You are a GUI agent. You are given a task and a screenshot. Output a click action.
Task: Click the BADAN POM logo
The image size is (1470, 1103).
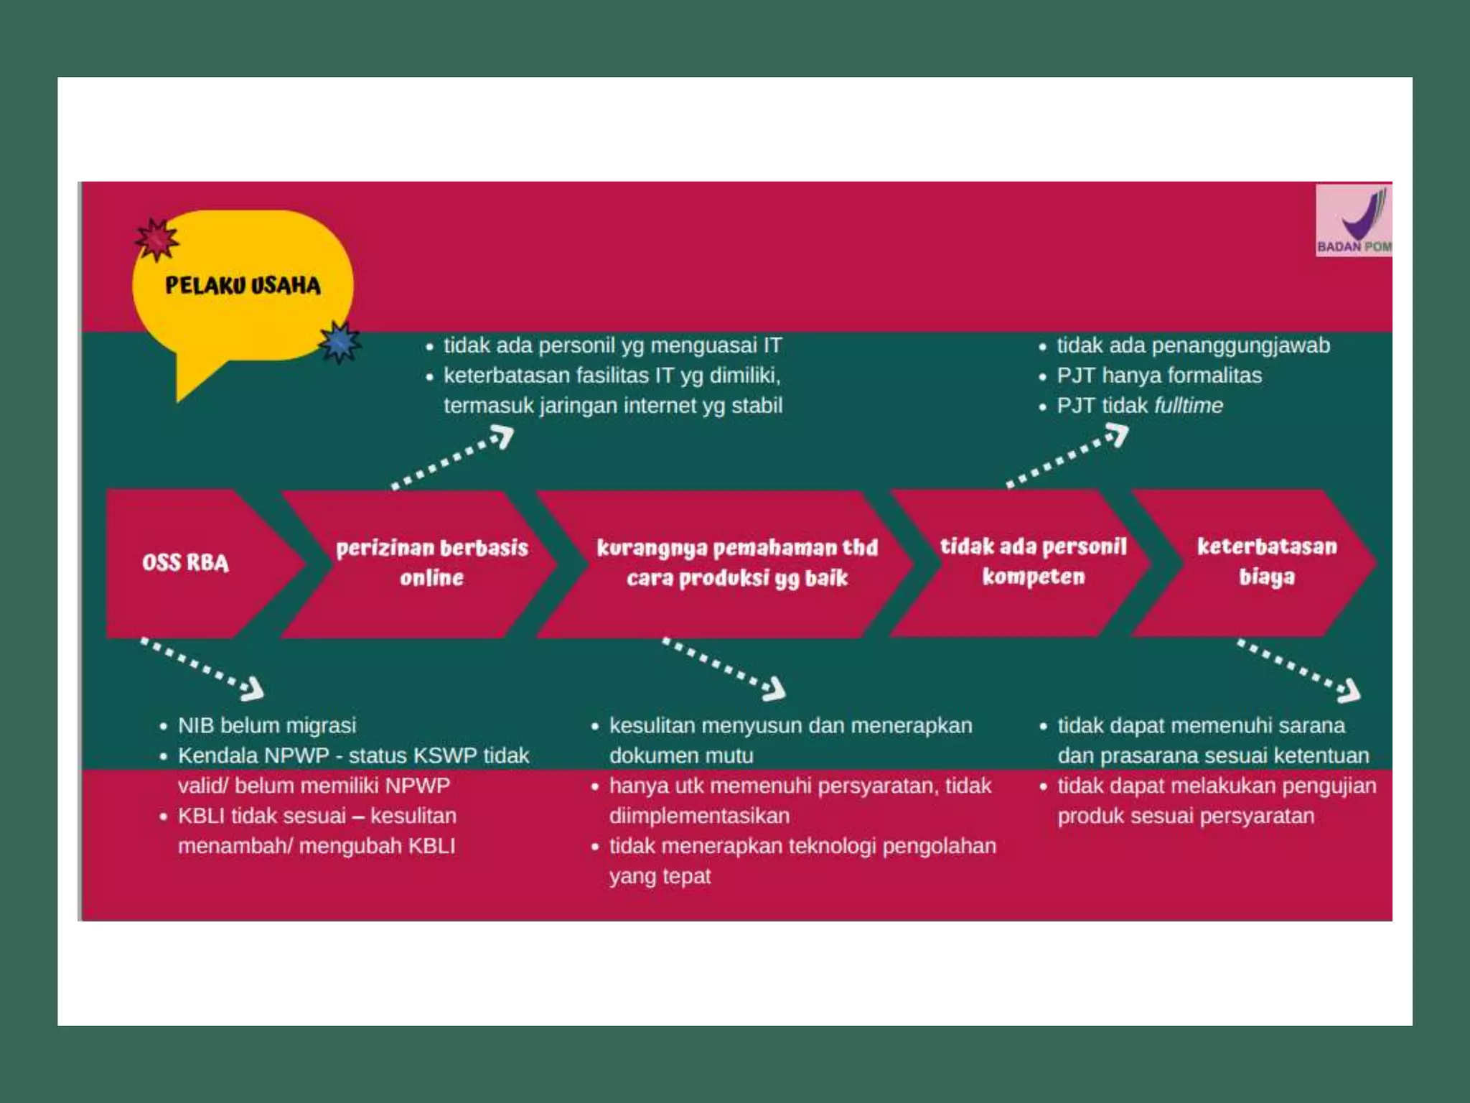click(1353, 220)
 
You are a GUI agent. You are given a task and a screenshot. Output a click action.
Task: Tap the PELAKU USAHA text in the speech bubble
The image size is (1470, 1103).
click(243, 286)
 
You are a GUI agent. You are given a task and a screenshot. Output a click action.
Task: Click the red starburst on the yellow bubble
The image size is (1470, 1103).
click(156, 238)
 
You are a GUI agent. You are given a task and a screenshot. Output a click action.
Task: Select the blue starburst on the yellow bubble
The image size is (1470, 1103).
click(340, 343)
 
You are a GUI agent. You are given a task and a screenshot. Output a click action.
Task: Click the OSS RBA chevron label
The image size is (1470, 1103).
click(185, 562)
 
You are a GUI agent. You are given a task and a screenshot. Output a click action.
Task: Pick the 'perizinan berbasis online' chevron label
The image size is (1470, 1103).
click(431, 562)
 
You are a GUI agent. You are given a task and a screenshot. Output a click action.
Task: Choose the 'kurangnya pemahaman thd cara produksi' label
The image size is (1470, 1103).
click(737, 562)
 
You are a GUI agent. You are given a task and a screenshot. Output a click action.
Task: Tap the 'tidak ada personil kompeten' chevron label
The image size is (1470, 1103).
click(1033, 562)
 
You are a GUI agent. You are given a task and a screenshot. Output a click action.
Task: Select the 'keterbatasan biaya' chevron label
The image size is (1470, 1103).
click(1267, 562)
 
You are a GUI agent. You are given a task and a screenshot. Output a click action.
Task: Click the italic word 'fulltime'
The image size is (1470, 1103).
click(1189, 406)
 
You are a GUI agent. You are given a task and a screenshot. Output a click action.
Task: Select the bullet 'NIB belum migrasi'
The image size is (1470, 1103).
click(267, 725)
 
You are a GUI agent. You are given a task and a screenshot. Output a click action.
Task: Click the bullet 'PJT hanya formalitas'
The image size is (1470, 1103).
click(1158, 376)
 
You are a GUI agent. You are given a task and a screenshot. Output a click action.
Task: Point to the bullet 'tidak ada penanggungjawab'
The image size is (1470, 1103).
click(1193, 345)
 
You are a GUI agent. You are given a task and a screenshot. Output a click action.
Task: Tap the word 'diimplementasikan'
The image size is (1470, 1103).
click(699, 816)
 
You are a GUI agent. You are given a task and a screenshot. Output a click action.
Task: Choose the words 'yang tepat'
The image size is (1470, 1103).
click(660, 876)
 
